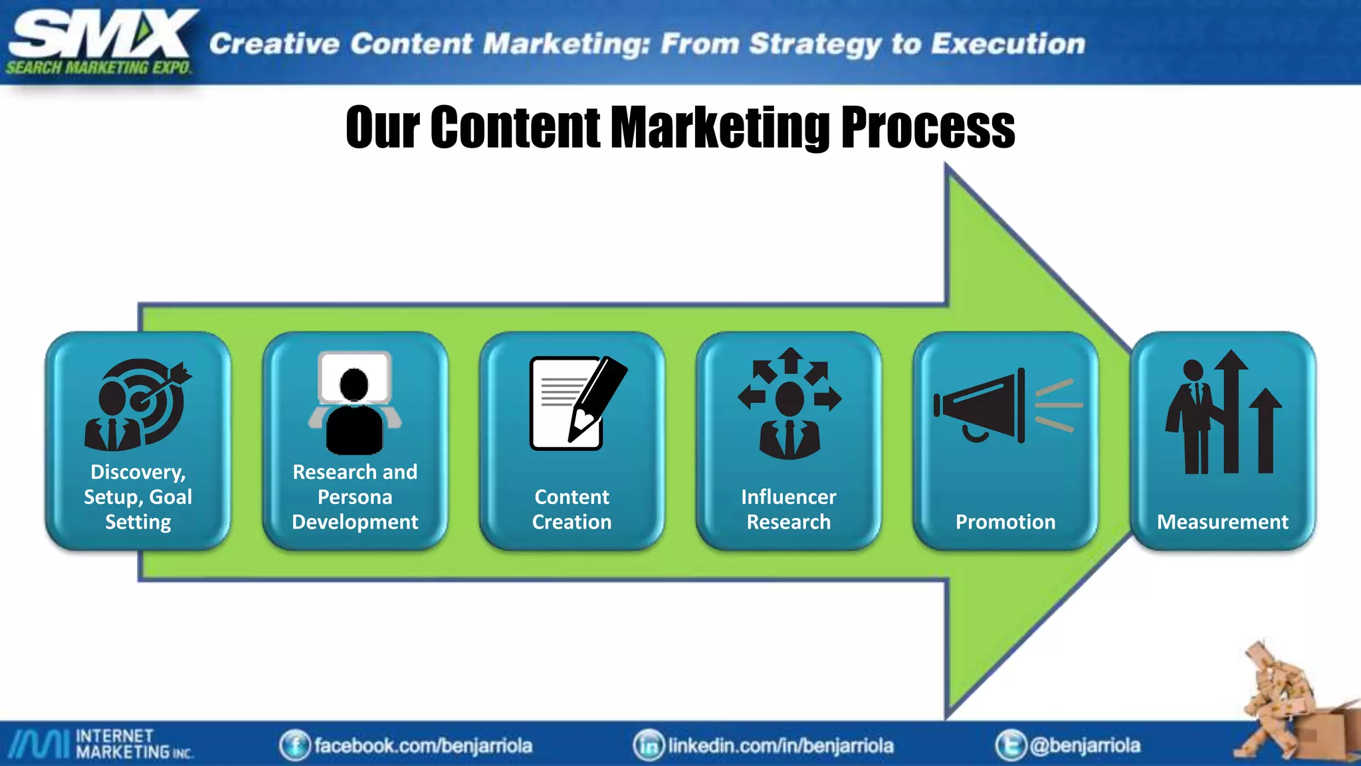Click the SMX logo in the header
(x=100, y=41)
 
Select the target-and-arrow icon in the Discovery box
(x=138, y=404)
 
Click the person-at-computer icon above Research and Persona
(x=355, y=403)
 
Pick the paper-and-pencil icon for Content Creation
(x=576, y=403)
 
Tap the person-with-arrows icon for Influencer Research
(x=789, y=403)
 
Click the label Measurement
(x=1222, y=522)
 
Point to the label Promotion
(x=1005, y=522)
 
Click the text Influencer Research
(x=789, y=509)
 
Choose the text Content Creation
(x=572, y=509)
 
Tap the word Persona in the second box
(x=355, y=497)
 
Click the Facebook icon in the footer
(x=294, y=745)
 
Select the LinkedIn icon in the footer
(x=649, y=745)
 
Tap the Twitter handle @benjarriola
(x=1085, y=745)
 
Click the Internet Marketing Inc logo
(x=100, y=744)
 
